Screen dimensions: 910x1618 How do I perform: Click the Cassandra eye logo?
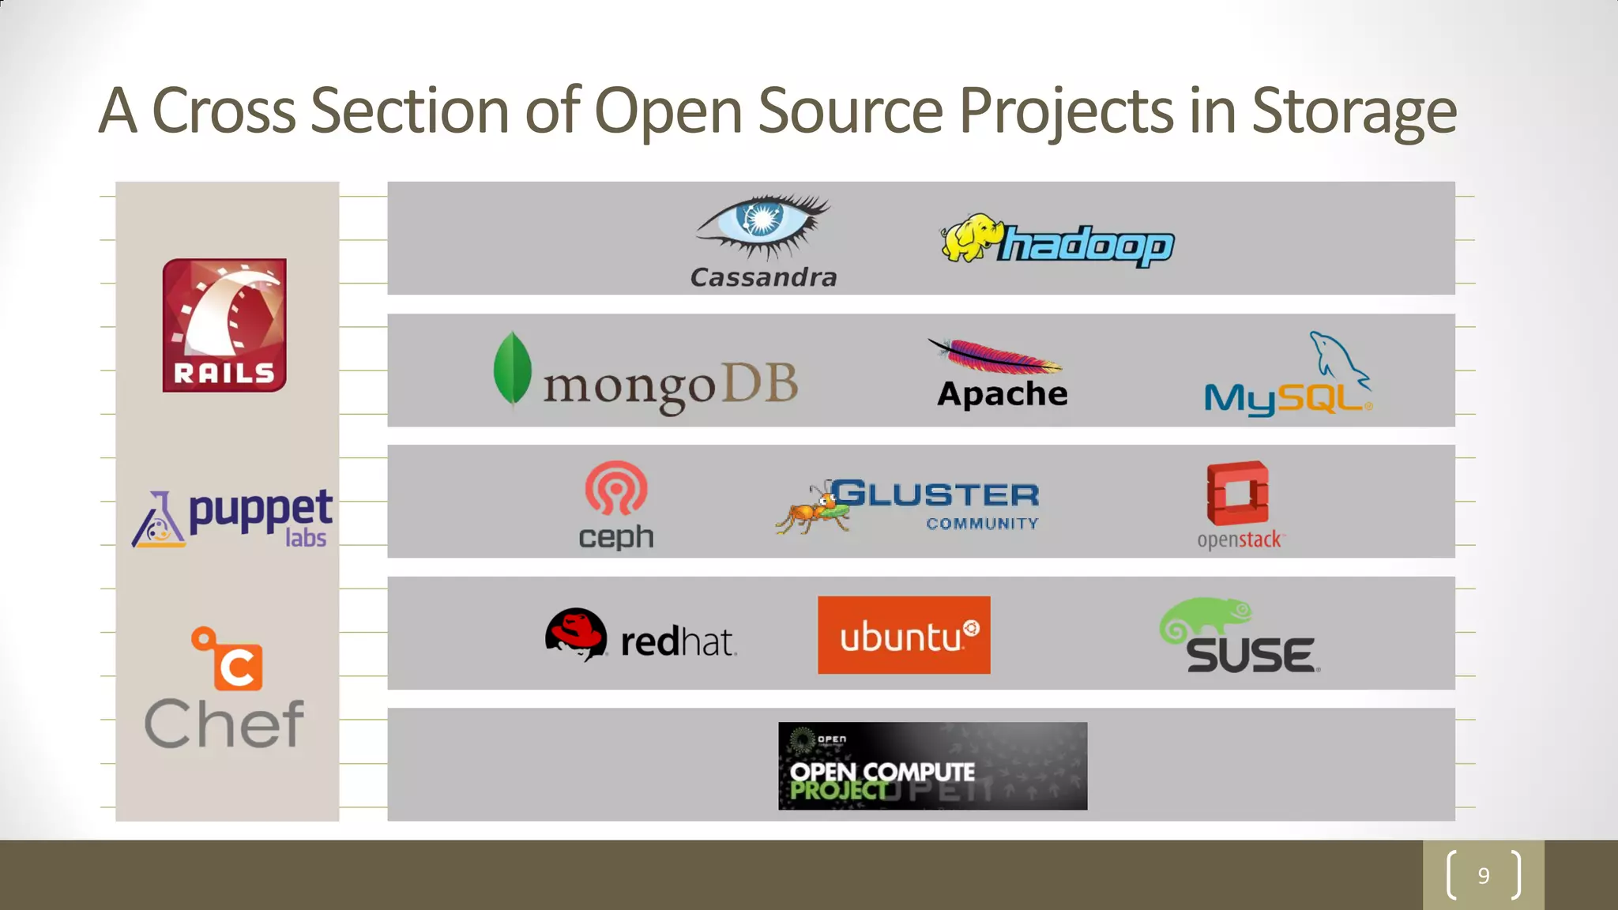click(x=761, y=224)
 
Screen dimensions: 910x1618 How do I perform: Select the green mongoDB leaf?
click(x=512, y=369)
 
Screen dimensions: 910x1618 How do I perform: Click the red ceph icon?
click(x=615, y=489)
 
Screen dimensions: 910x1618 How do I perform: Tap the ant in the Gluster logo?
click(x=814, y=510)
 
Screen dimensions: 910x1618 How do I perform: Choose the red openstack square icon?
click(x=1237, y=493)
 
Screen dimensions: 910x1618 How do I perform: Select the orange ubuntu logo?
click(x=903, y=635)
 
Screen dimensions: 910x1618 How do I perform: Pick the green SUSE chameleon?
click(x=1205, y=617)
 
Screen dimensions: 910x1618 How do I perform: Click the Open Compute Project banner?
click(x=932, y=765)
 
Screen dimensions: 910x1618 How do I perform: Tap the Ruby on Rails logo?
click(x=224, y=325)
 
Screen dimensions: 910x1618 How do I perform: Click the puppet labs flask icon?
click(x=159, y=521)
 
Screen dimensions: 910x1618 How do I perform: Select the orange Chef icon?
click(x=229, y=660)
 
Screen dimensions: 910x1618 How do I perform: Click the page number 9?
click(x=1483, y=875)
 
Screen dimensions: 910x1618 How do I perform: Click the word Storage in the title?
click(x=1353, y=111)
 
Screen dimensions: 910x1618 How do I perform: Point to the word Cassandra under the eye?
click(x=763, y=277)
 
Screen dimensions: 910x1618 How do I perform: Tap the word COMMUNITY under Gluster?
click(x=982, y=524)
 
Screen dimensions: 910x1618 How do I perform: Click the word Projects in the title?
click(x=1066, y=111)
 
